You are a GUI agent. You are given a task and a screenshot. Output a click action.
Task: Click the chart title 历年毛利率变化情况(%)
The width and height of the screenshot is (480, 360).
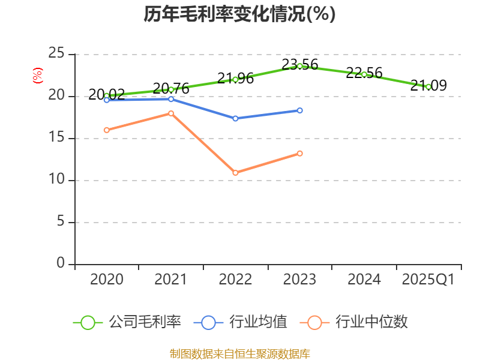point(239,14)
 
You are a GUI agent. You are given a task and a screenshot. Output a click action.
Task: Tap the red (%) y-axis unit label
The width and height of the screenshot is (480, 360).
point(38,76)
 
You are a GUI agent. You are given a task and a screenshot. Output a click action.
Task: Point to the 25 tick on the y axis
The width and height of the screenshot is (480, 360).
point(56,53)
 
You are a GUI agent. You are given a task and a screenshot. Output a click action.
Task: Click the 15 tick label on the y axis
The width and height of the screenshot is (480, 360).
point(56,137)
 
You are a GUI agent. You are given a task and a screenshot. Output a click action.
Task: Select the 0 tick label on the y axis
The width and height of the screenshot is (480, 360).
point(61,263)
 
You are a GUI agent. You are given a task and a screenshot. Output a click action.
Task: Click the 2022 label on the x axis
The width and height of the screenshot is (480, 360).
point(235,279)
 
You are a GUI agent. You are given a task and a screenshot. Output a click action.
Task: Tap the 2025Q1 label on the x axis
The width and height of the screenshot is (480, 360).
point(428,279)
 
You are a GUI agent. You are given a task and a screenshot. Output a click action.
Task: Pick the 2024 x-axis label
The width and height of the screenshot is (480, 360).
point(364,279)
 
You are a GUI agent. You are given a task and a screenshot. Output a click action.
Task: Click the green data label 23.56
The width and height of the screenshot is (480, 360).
point(299,64)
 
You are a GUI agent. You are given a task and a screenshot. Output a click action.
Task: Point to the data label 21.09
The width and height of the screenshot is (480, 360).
point(428,85)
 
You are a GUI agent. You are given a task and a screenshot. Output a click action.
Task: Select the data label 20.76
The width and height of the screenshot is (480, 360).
point(171,88)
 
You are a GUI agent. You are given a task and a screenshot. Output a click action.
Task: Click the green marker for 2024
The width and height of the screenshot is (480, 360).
point(364,74)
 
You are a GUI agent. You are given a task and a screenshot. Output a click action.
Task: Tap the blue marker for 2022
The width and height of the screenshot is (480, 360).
point(235,118)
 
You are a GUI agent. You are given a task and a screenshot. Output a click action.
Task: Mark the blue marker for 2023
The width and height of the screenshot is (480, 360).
point(299,110)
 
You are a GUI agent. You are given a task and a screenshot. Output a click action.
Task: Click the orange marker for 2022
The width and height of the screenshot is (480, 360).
point(235,173)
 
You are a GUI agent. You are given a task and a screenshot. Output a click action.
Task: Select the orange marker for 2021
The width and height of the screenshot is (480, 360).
point(171,113)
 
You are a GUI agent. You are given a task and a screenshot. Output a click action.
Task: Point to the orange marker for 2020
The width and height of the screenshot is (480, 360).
point(107,130)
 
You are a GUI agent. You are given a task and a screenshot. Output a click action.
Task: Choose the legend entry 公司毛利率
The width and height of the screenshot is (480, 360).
point(127,322)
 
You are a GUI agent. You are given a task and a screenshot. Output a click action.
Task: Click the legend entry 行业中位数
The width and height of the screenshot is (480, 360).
point(353,322)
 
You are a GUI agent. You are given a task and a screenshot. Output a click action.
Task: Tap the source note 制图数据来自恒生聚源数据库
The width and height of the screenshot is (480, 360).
point(239,354)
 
